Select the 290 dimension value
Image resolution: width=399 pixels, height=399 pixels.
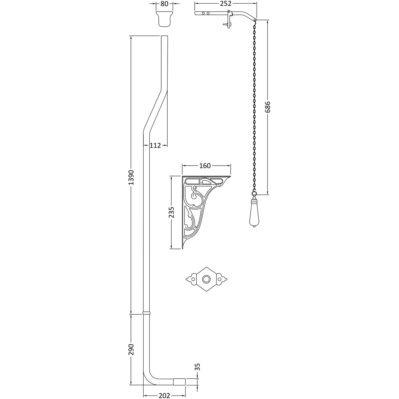click(x=131, y=349)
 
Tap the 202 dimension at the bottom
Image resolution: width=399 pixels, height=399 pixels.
click(x=164, y=395)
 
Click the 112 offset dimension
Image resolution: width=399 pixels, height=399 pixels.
click(x=155, y=145)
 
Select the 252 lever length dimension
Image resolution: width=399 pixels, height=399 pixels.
click(x=226, y=4)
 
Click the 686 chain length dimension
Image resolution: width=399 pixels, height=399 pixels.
click(x=268, y=107)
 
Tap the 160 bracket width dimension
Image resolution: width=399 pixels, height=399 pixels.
click(x=204, y=166)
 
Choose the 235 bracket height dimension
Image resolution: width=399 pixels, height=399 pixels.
click(x=171, y=212)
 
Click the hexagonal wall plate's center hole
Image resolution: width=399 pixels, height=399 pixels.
click(x=207, y=279)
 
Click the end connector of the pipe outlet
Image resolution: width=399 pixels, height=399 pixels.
click(x=182, y=381)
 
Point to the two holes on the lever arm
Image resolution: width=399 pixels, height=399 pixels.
click(x=205, y=14)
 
